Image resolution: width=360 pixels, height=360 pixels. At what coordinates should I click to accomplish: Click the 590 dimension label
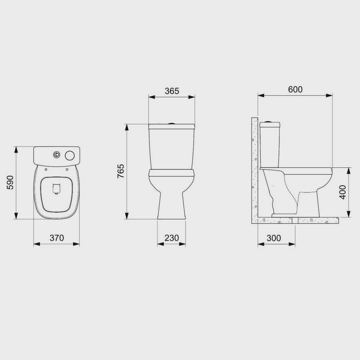point(10,183)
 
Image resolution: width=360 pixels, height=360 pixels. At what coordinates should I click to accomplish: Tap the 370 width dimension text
point(57,238)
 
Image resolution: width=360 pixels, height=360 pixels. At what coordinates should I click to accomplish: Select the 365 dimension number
point(172,91)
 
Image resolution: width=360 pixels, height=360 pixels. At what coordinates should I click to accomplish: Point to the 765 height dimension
point(121,171)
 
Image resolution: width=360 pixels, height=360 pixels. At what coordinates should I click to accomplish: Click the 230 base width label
point(171,238)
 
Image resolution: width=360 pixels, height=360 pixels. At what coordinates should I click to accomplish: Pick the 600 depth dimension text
point(295,89)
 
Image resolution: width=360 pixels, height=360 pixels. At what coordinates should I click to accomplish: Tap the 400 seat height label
point(342,192)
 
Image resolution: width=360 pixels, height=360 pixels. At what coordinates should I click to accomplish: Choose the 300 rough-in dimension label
point(274,238)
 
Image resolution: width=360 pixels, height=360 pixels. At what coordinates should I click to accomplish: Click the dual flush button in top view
point(57,155)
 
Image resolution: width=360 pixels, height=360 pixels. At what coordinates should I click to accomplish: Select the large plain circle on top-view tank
point(70,156)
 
